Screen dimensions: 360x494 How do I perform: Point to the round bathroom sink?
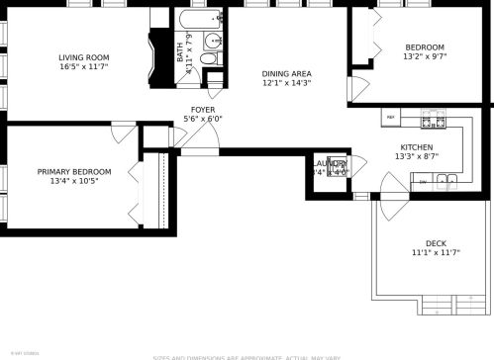pos(210,42)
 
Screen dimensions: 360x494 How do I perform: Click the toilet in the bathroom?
pos(209,60)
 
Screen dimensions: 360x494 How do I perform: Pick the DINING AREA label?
pos(286,73)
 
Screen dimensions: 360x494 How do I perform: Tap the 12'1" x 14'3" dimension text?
pos(286,84)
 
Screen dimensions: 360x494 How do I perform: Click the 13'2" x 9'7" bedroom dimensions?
pos(424,57)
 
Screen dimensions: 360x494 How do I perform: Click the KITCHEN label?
pos(416,145)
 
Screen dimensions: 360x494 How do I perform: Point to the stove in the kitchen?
pos(432,122)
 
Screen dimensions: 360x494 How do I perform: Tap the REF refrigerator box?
pos(390,118)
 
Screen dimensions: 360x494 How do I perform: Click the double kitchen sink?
pos(447,180)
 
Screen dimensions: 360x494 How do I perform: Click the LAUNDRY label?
pos(330,163)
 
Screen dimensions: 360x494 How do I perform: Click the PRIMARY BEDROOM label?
pos(74,172)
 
